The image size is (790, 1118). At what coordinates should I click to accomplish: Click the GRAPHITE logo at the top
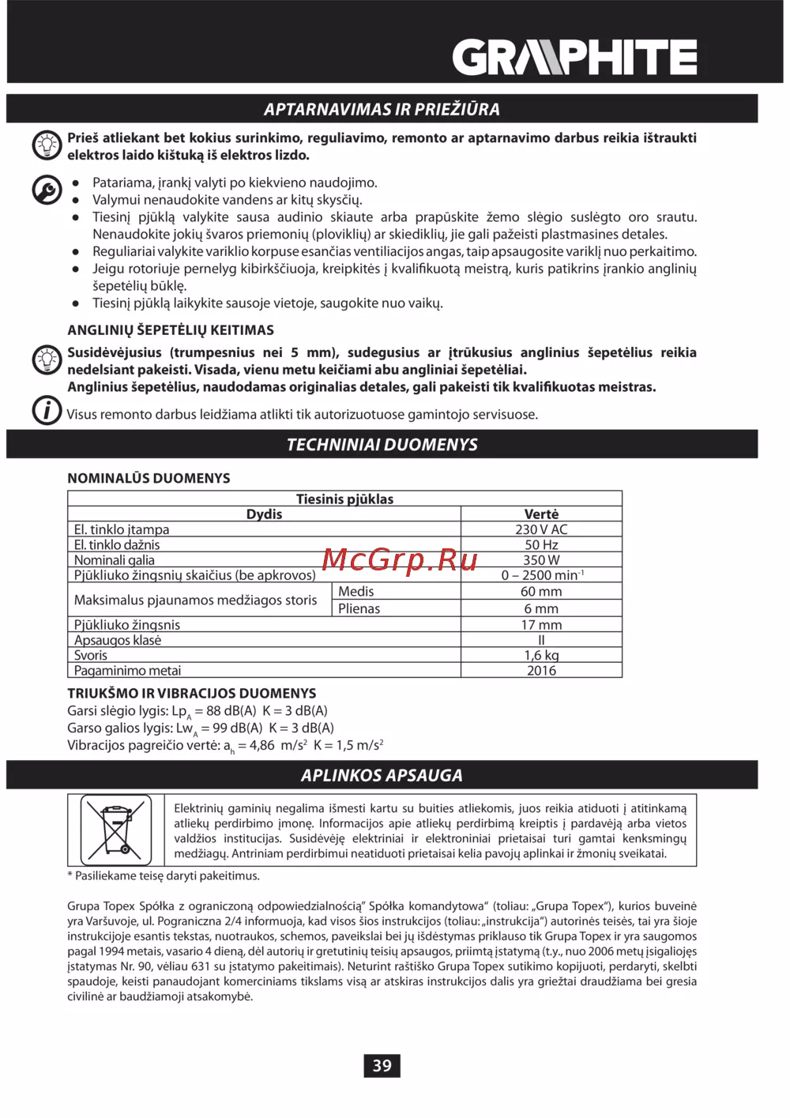574,58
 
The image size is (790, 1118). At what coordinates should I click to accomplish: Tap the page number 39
382,1065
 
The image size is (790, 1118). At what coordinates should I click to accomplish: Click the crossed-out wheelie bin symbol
116,830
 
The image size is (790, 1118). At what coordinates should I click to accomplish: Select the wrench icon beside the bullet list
47,190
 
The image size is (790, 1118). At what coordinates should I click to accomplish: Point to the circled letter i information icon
47,410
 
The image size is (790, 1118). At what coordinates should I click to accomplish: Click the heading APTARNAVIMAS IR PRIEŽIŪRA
382,109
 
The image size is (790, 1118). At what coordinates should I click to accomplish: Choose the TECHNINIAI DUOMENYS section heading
382,445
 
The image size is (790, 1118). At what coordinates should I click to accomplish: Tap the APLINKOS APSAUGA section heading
382,776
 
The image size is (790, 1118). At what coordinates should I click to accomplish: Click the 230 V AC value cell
541,529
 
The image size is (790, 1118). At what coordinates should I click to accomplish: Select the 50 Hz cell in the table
541,545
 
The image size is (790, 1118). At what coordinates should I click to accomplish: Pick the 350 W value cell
541,560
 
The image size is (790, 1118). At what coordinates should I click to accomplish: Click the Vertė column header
541,514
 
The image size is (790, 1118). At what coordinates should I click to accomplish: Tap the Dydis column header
264,514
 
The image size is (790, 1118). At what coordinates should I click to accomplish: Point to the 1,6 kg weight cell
541,655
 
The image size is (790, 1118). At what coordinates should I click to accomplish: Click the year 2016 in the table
541,671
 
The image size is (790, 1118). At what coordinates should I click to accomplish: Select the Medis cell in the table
356,591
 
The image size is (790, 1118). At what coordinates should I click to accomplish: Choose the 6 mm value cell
541,609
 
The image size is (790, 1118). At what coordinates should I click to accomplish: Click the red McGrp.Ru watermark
400,560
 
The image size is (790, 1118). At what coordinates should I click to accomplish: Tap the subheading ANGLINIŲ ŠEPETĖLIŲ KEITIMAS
171,330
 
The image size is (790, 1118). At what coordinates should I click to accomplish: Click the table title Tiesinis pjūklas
344,499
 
